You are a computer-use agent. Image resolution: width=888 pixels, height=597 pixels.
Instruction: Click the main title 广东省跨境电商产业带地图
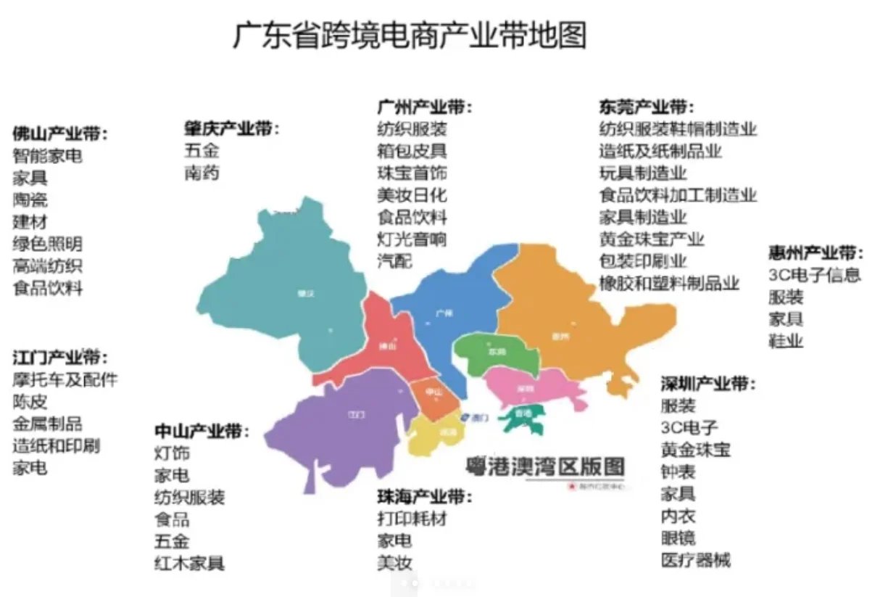(x=410, y=36)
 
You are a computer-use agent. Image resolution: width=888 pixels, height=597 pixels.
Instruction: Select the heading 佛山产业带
(x=59, y=134)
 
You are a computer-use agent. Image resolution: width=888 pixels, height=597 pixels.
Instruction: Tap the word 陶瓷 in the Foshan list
(x=30, y=199)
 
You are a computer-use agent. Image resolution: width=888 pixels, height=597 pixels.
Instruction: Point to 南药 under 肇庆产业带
(x=202, y=173)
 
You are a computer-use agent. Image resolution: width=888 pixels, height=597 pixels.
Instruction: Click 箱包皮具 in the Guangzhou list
(x=412, y=152)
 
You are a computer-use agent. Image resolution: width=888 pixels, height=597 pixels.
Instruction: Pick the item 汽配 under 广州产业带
(x=394, y=260)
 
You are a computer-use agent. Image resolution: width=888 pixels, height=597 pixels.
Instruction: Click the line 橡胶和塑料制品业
(x=669, y=282)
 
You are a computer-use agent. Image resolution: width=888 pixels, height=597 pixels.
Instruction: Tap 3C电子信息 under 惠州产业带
(x=815, y=276)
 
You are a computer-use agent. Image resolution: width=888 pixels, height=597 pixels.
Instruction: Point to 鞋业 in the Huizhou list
(x=786, y=341)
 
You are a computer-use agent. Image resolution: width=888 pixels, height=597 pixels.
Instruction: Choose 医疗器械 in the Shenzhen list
(x=695, y=560)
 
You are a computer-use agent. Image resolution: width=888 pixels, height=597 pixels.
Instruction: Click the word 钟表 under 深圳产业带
(x=678, y=472)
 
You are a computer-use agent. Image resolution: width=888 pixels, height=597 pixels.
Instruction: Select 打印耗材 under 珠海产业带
(x=412, y=519)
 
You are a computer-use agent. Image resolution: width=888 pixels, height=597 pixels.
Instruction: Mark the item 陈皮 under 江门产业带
(x=30, y=402)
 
